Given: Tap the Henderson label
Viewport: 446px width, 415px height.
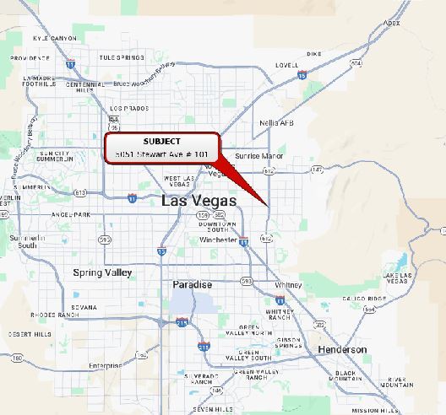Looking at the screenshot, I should coord(342,349).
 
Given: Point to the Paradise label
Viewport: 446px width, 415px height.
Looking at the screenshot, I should coord(192,285).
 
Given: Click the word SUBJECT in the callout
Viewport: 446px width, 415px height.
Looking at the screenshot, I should coord(161,141).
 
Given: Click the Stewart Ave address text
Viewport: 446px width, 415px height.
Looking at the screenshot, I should coord(161,154).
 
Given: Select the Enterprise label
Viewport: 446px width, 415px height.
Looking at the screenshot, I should coord(105,365).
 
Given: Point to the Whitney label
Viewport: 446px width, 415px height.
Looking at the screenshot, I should coord(288,285).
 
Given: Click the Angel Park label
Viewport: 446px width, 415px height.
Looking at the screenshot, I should coord(70,215).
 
